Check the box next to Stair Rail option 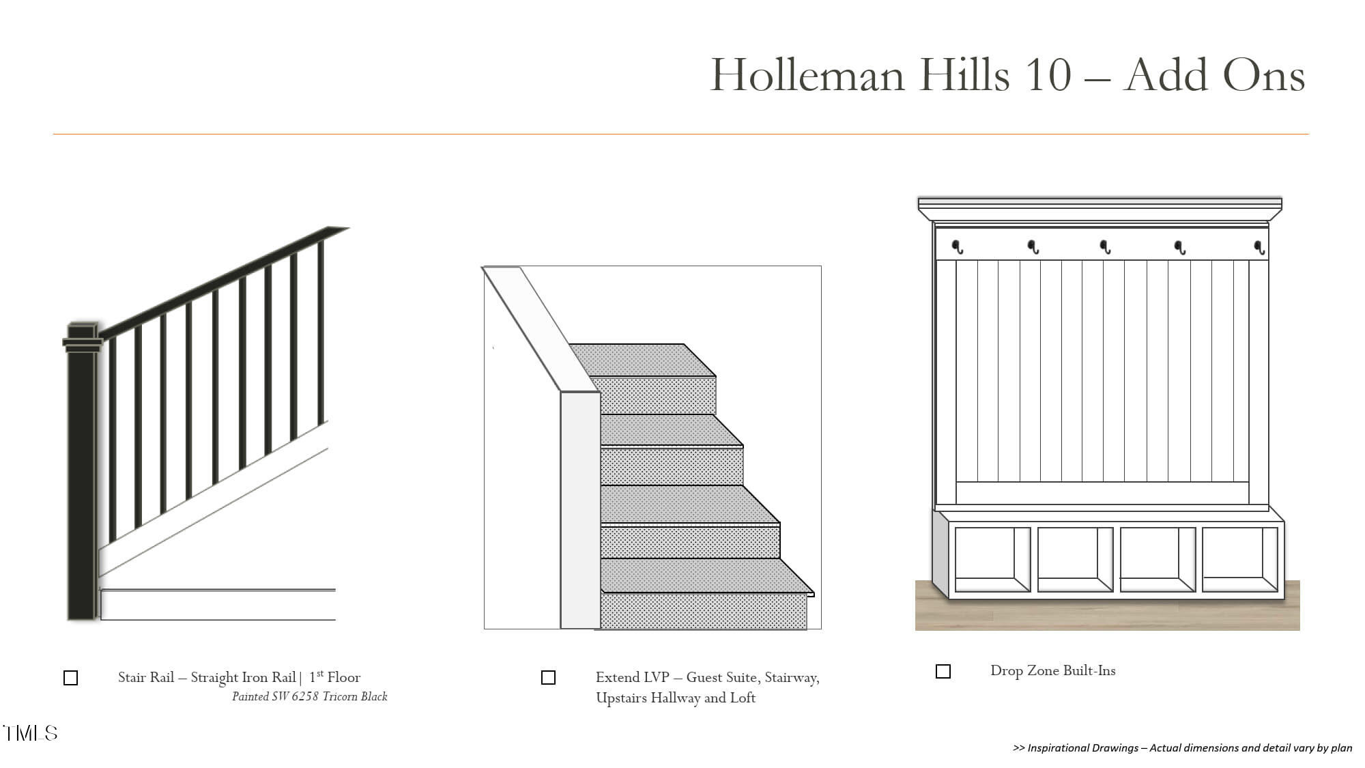pos(70,678)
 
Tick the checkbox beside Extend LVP pos(548,677)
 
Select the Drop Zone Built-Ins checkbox pos(943,672)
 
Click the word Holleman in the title pos(807,74)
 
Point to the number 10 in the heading pos(1048,74)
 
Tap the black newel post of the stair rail pos(82,471)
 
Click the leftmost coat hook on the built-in pos(958,247)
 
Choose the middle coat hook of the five pos(1106,247)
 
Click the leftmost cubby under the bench pos(992,559)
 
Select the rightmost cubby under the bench pos(1239,559)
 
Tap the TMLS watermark pos(31,733)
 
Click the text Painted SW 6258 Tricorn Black pos(310,696)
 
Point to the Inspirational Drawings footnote pos(1182,748)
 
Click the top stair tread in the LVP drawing pos(642,360)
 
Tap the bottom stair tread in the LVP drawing pos(707,576)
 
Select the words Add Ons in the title pos(1216,74)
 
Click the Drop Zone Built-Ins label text pos(1053,671)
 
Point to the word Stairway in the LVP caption pos(792,678)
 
